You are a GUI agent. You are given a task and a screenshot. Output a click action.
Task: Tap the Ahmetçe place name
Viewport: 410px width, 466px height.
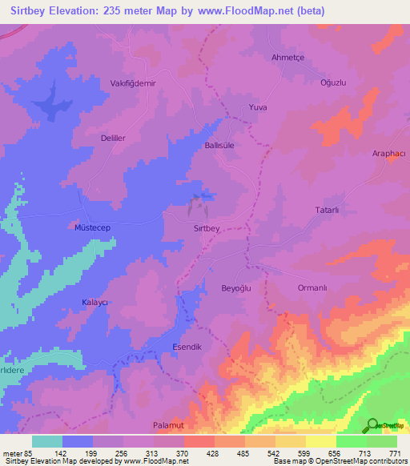pyautogui.click(x=289, y=57)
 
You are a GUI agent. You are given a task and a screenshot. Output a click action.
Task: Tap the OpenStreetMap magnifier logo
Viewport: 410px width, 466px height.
pyautogui.click(x=371, y=425)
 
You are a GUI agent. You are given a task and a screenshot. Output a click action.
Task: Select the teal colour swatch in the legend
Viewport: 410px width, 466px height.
pyautogui.click(x=47, y=441)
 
